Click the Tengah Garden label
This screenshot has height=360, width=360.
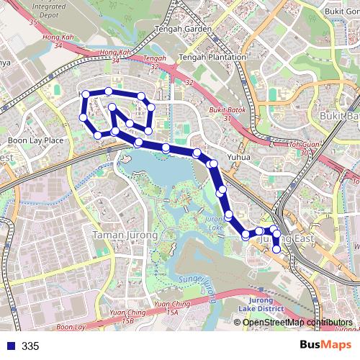coord(183,30)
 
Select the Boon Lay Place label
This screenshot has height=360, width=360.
coord(35,140)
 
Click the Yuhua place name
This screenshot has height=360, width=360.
coord(238,156)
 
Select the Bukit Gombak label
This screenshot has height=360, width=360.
coord(341,11)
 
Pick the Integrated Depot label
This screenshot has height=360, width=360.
coord(49,9)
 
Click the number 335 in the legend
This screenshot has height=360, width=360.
coord(30,346)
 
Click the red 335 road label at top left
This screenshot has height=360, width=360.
coord(33,22)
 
